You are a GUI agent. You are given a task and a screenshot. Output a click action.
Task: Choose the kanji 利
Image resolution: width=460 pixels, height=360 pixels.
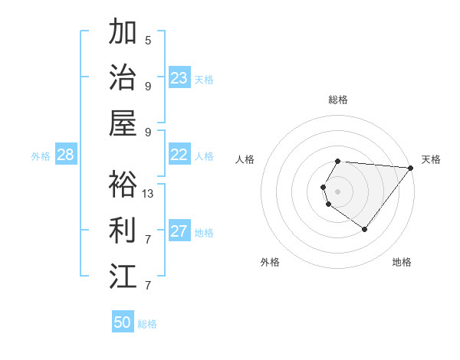[123, 230]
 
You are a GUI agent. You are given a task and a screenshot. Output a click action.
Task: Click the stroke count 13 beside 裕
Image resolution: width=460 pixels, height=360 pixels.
[148, 193]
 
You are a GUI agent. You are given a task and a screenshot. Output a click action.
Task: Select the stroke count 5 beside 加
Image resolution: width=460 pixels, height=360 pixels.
[148, 40]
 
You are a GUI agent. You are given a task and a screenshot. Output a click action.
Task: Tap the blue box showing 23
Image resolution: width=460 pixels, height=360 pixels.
[179, 78]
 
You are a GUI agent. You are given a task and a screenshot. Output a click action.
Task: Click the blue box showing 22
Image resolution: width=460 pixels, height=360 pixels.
[179, 155]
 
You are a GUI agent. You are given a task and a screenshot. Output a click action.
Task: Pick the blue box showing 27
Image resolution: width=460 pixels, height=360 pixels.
[179, 232]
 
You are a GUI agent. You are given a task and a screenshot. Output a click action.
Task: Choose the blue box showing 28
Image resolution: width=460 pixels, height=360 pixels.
[65, 155]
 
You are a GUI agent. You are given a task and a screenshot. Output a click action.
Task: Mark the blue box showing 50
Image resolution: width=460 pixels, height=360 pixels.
[123, 322]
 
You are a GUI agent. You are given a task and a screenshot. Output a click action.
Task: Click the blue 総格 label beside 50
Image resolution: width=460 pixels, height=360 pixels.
[147, 324]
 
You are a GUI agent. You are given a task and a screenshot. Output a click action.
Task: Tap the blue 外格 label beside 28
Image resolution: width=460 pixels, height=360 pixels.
[41, 156]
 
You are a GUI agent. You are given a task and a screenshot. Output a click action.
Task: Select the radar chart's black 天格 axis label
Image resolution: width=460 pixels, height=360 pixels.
[431, 159]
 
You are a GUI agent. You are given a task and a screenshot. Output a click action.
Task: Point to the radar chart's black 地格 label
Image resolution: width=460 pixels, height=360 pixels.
[402, 262]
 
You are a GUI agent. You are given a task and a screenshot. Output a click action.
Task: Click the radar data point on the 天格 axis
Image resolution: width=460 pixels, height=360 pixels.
[410, 168]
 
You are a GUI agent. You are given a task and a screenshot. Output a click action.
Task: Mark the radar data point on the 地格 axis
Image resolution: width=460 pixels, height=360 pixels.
[364, 229]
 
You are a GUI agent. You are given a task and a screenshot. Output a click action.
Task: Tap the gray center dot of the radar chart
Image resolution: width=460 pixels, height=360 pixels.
[338, 191]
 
